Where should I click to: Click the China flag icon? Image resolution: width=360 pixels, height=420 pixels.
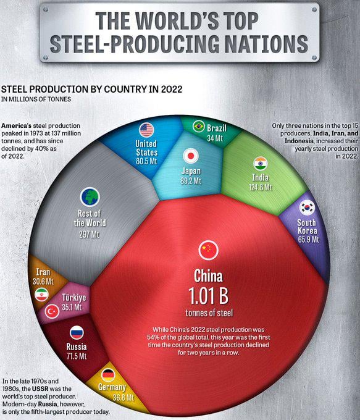coord(208,250)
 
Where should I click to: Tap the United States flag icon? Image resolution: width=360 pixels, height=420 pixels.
coord(146,130)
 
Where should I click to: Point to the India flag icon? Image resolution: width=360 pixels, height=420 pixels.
coord(260,164)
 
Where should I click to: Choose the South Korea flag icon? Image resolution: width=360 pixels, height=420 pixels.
coord(307,208)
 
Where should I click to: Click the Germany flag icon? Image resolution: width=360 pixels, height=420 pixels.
coord(108,374)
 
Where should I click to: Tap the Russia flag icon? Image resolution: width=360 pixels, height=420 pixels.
coord(77,333)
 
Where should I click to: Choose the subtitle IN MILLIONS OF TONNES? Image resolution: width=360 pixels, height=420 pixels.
coord(35,99)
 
